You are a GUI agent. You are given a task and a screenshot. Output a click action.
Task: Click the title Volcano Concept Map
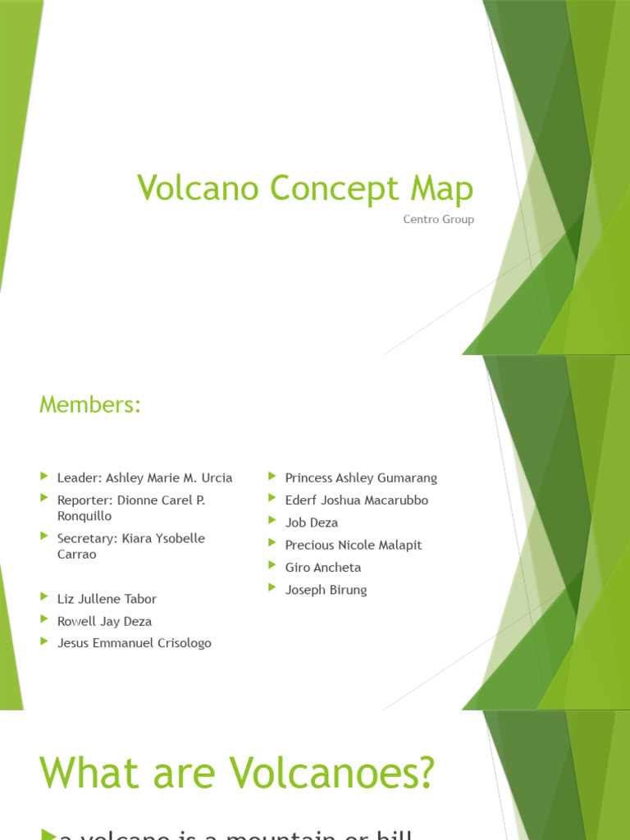305,188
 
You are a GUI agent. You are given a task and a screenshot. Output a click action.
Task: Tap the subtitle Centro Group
439,220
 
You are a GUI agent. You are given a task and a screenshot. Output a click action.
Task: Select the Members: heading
90,404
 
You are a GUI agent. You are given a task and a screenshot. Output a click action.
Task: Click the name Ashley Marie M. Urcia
169,477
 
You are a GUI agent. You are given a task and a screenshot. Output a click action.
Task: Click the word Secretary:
85,538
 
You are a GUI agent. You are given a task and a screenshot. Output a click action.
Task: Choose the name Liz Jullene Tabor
107,599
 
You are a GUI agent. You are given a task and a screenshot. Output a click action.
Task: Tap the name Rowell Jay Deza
104,621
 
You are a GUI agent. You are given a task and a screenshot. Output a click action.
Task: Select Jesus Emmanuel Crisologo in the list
134,643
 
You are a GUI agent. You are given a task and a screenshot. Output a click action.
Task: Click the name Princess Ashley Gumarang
361,477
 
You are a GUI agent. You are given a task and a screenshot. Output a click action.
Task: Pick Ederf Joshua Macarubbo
356,500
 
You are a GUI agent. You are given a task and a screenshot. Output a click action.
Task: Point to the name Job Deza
311,523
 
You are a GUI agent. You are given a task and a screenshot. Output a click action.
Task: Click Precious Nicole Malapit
353,545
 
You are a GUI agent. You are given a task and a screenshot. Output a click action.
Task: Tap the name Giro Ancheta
322,567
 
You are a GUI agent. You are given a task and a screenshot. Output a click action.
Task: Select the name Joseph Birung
326,590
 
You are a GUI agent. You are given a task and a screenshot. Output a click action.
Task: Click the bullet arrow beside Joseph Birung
272,588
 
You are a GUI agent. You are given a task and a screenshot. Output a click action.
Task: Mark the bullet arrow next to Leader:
44,476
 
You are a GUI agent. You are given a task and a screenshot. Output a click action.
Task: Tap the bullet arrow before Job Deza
272,521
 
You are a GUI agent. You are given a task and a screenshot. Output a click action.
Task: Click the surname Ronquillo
84,516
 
